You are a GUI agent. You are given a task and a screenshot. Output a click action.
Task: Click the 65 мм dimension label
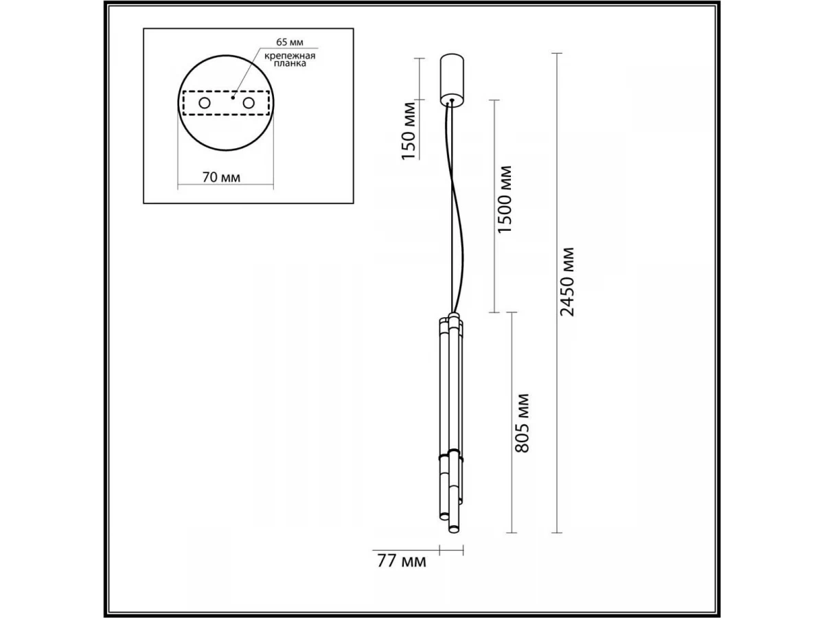(290, 43)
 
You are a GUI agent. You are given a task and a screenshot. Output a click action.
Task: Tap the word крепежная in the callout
(290, 56)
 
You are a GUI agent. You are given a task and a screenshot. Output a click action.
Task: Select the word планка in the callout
(290, 63)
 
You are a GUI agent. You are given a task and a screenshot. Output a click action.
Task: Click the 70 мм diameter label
(221, 177)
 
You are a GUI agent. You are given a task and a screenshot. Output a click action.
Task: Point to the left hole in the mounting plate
(205, 103)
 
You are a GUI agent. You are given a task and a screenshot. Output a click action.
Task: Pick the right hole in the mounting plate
(249, 103)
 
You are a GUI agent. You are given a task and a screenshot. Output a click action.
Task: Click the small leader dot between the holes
(233, 98)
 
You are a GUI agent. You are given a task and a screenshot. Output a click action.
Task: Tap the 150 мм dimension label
(409, 130)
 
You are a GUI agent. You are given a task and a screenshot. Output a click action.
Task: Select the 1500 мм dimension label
(504, 199)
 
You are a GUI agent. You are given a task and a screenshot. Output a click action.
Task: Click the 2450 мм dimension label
(567, 282)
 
